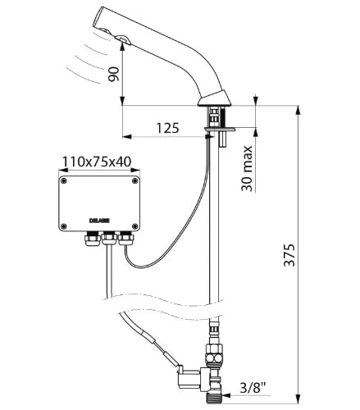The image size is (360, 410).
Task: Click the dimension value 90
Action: point(114,74)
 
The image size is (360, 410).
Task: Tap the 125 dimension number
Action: point(167,128)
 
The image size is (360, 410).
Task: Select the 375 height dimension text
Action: point(289,255)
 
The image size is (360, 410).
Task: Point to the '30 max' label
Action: point(247,168)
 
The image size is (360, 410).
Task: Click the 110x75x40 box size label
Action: point(97,162)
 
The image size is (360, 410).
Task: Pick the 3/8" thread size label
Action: point(253,387)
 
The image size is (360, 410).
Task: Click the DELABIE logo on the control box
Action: point(99,221)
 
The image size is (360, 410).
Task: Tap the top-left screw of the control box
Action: point(64,180)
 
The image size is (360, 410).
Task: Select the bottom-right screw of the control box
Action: point(134,226)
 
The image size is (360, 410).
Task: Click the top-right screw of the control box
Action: point(134,180)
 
